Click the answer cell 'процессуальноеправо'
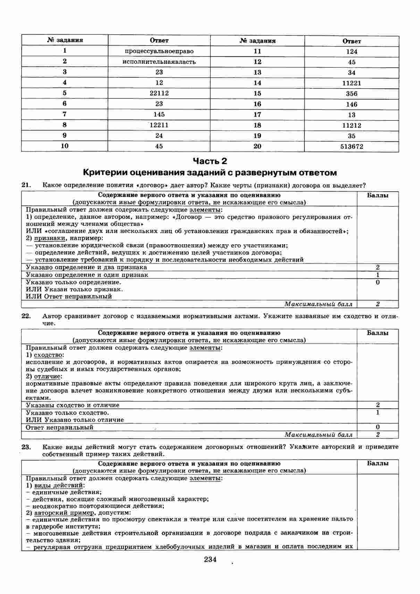[159, 51]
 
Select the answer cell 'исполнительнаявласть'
[159, 62]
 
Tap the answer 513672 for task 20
[351, 146]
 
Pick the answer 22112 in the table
[159, 93]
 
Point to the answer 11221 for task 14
[351, 83]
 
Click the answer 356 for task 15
[351, 94]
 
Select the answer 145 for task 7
[159, 114]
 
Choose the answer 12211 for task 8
[159, 125]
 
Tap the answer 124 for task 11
[351, 52]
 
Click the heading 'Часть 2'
[210, 161]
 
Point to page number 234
[210, 559]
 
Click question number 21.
[26, 185]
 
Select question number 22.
[26, 316]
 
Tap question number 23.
[26, 447]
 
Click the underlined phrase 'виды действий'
[59, 485]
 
